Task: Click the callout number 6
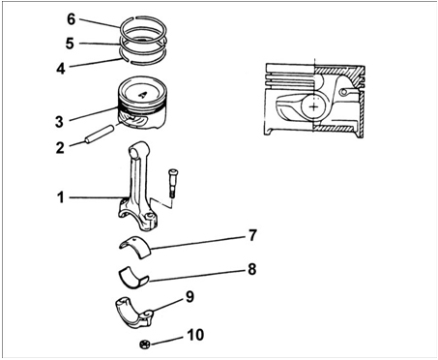coord(71,19)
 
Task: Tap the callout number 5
coord(70,44)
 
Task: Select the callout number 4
coord(61,69)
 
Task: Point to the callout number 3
coord(59,122)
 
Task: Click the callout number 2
coord(60,148)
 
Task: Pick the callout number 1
coord(61,197)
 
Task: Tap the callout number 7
coord(252,235)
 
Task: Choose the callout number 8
coord(252,269)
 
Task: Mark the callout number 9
coord(190,297)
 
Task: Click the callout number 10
coord(195,335)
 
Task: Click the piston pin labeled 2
coord(99,134)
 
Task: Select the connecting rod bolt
coord(173,183)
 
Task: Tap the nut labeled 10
coord(145,345)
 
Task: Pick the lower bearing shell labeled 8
coord(132,278)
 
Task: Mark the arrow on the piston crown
coord(142,95)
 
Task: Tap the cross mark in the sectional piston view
coord(313,106)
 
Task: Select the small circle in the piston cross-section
coord(344,92)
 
